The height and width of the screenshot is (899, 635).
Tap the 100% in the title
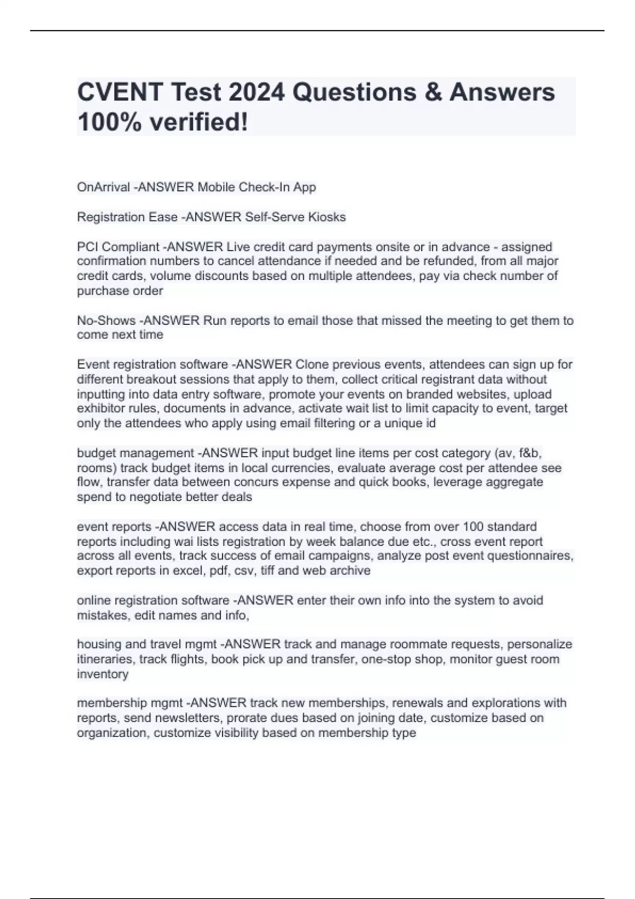point(110,123)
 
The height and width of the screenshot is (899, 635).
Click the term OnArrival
point(103,187)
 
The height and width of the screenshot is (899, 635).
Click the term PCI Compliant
point(118,247)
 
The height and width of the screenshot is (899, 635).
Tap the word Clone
point(313,364)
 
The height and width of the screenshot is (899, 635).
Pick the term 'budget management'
point(135,453)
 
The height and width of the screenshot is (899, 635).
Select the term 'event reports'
point(114,527)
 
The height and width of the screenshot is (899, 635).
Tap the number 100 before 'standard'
point(473,527)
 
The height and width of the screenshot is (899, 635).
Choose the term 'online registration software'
point(153,601)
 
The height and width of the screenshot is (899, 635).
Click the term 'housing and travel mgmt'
point(147,645)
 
